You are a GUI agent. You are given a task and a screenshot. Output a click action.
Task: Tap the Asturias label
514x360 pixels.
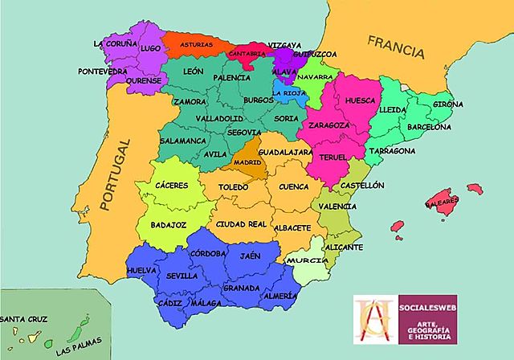pyautogui.click(x=197, y=45)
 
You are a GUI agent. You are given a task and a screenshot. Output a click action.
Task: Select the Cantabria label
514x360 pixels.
pyautogui.click(x=246, y=53)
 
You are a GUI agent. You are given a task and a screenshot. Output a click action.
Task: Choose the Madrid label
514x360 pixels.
pyautogui.click(x=247, y=162)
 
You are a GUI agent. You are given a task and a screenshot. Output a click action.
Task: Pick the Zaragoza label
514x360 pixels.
pyautogui.click(x=328, y=125)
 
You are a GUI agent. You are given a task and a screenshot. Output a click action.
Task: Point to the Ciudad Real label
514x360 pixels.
pyautogui.click(x=241, y=223)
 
